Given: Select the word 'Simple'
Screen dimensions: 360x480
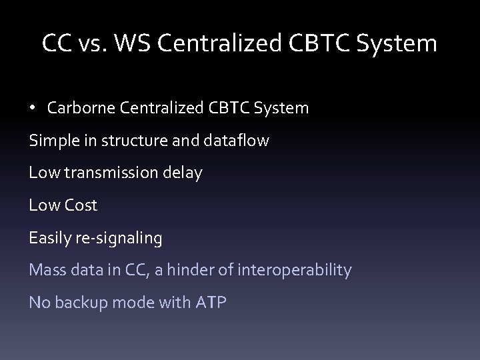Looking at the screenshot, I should coord(52,141).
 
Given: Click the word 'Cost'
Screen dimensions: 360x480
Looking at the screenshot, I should coord(81,205).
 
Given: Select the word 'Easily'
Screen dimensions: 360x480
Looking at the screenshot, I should coord(50,238).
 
